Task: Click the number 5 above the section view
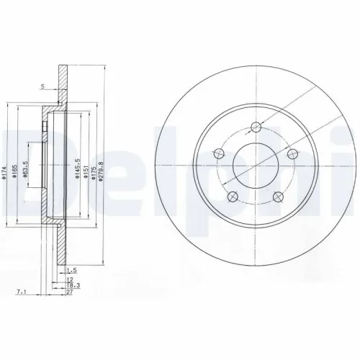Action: pos(42,86)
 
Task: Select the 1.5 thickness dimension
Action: pos(71,270)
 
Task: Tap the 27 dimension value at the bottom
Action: pos(70,293)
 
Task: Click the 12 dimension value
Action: pos(69,278)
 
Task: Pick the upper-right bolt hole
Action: pos(292,154)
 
